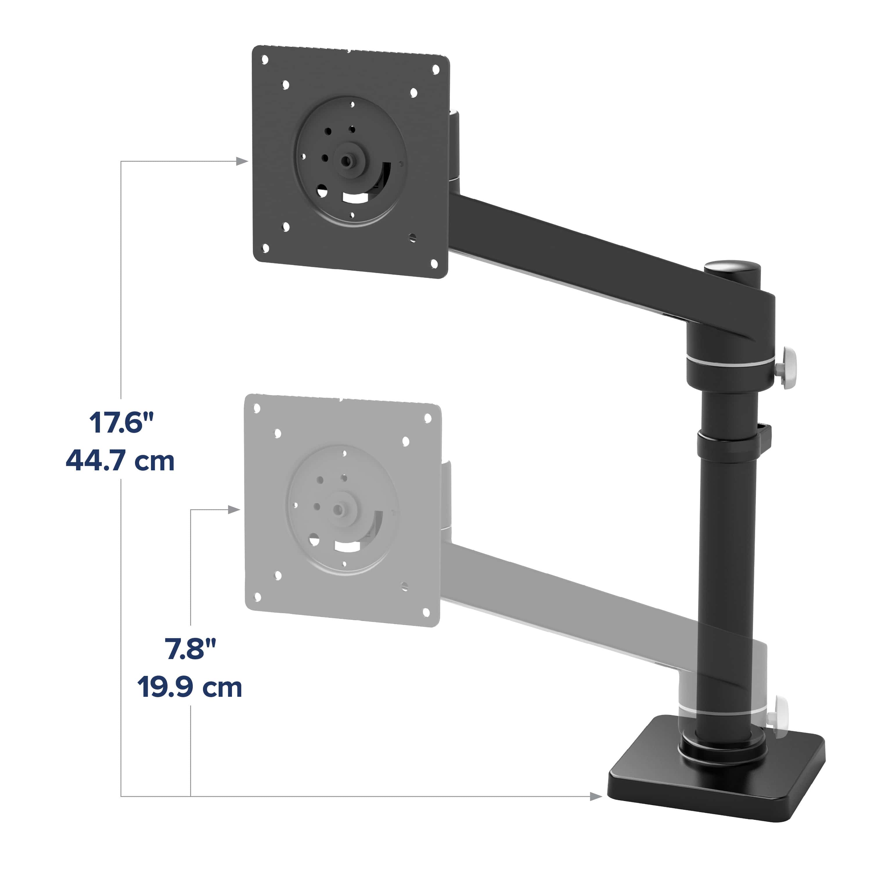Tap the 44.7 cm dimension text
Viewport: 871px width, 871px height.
120,461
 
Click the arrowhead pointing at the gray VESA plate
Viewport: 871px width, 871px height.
233,510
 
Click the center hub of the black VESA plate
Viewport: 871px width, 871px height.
346,161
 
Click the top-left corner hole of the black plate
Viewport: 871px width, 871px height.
265,60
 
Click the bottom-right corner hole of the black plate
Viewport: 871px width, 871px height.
434,263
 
